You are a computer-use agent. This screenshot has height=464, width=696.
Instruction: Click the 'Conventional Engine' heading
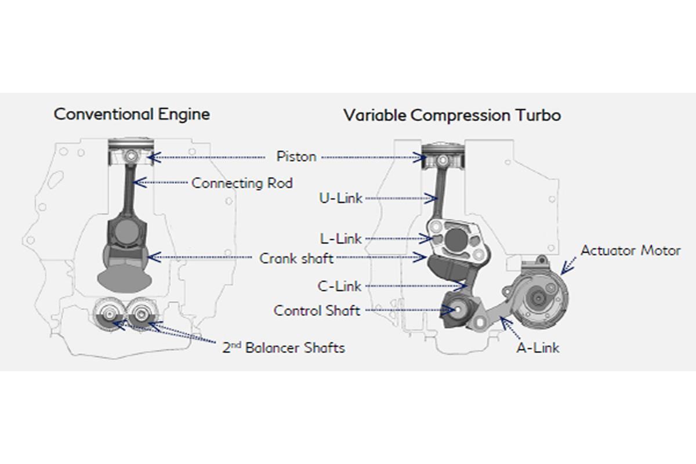click(x=132, y=114)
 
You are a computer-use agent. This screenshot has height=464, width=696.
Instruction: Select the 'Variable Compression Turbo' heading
click(x=452, y=115)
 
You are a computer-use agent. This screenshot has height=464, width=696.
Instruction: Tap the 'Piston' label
click(x=296, y=157)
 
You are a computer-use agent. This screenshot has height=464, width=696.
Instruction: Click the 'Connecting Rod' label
click(x=242, y=183)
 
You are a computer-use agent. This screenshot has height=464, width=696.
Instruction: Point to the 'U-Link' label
click(x=340, y=198)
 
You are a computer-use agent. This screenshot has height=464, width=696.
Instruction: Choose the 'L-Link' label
click(x=340, y=238)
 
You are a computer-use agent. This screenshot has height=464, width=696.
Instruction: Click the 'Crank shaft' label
click(x=296, y=258)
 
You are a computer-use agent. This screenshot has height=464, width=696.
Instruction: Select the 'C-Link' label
click(x=340, y=286)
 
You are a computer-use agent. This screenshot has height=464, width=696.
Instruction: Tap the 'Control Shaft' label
click(x=317, y=311)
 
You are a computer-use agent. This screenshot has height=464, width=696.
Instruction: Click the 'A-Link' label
click(x=538, y=348)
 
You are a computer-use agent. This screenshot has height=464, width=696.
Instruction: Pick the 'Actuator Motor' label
click(x=630, y=251)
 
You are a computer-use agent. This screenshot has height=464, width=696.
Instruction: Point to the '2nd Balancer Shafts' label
click(x=284, y=348)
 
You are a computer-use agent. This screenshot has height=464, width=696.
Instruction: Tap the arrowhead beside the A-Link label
click(x=503, y=320)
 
